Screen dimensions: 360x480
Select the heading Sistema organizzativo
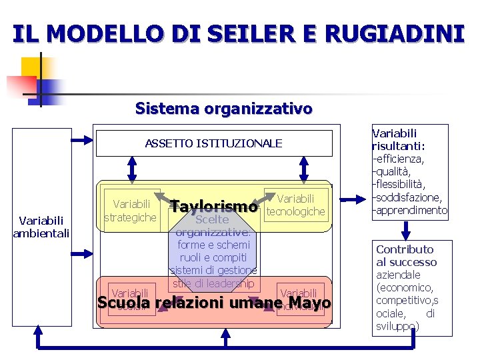(x=223, y=108)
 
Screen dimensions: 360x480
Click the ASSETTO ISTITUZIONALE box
(x=213, y=143)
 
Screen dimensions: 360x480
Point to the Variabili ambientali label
(x=41, y=226)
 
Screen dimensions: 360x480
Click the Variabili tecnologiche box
(x=295, y=205)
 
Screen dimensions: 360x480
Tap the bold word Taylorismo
(x=213, y=207)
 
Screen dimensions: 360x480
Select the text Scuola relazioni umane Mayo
(x=213, y=303)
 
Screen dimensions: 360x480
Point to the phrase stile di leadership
(x=213, y=283)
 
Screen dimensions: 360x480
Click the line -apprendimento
(x=410, y=210)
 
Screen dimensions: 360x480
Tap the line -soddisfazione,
(x=407, y=197)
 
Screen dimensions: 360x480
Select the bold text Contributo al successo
(x=406, y=256)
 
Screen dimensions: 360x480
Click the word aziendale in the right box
(x=398, y=275)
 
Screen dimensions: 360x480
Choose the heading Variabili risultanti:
(x=399, y=139)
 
